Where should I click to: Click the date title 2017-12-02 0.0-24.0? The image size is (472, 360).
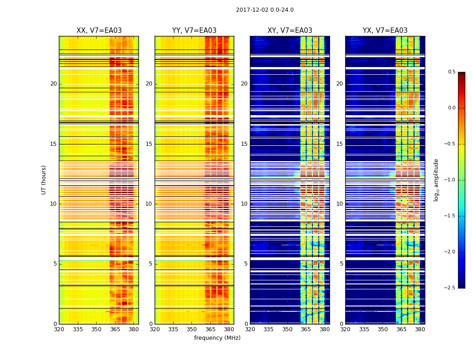coord(265,10)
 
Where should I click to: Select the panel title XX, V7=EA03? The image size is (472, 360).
coord(99,31)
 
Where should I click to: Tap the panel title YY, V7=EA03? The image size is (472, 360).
coord(194,31)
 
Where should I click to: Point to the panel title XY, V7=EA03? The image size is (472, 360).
coord(290,31)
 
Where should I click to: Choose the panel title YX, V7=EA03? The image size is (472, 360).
coord(385,31)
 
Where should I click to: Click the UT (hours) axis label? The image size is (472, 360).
coord(44,180)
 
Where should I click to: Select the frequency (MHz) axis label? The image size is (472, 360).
coord(217,338)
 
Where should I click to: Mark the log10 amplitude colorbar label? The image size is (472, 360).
coord(436,180)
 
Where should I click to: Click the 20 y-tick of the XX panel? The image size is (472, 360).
coord(53,84)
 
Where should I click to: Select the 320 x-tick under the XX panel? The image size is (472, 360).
coord(59,329)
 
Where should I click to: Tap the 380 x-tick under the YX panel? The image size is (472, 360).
coord(420,329)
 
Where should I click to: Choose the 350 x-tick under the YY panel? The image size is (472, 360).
coord(192,329)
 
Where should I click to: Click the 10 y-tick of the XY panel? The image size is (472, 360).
coord(244,204)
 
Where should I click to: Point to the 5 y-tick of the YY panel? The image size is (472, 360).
coord(151,264)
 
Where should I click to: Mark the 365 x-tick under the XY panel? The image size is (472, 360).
coord(306,329)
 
